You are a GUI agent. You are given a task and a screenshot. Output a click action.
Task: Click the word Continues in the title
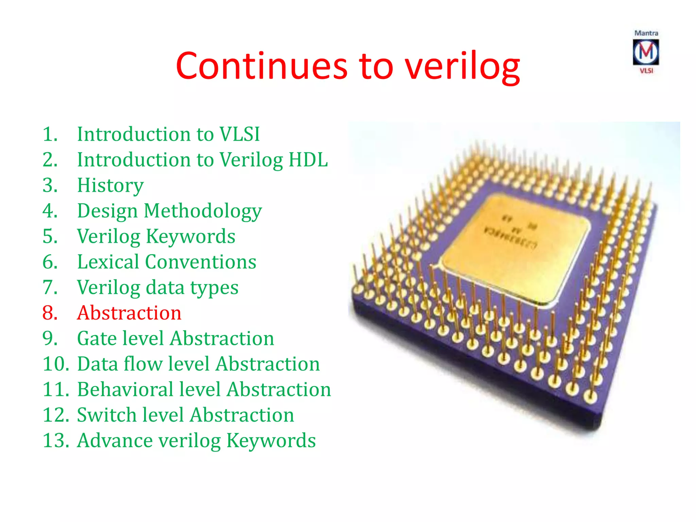[x=262, y=66]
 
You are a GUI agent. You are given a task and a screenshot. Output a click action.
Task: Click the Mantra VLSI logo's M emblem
[x=646, y=52]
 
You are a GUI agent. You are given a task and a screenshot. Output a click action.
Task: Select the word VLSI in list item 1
[x=240, y=134]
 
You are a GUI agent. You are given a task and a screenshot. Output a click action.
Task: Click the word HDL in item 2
[x=308, y=159]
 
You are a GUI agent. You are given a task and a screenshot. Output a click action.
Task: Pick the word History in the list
[x=110, y=186]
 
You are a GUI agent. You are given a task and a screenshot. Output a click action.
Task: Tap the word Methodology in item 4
[x=203, y=211]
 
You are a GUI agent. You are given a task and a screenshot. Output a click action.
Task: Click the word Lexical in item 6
[x=108, y=262]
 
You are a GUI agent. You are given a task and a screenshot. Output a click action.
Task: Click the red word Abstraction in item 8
[x=129, y=313]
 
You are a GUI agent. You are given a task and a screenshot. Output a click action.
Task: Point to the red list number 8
[x=50, y=313]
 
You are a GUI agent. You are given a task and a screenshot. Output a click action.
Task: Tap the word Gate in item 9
[x=97, y=338]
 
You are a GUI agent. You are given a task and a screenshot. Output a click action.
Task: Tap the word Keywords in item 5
[x=190, y=237]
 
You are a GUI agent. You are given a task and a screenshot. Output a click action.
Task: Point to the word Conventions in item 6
[x=201, y=262]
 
